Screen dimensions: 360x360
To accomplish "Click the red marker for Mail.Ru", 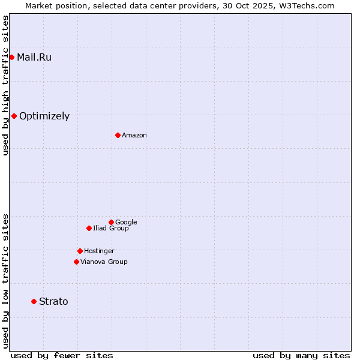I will click(11, 57).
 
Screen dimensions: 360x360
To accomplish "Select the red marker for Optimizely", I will click(14, 116).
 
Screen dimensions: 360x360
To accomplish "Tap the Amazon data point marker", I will click(118, 135).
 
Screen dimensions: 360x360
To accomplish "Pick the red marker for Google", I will click(111, 222).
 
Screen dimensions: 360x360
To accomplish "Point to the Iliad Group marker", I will click(89, 228).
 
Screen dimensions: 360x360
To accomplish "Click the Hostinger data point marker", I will click(80, 251).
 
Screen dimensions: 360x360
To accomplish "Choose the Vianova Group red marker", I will click(76, 262).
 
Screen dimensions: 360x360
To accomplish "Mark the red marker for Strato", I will click(34, 301).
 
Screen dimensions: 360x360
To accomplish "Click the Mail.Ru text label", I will click(34, 58).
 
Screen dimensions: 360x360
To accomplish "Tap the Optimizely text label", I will click(44, 116).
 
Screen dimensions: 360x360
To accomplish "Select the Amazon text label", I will click(134, 136).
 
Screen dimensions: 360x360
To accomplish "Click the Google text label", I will click(126, 223).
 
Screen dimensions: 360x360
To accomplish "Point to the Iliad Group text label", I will click(111, 229).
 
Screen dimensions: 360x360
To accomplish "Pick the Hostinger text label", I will click(99, 251).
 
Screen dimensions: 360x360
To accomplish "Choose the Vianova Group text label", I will click(104, 262).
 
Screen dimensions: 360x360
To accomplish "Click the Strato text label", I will click(53, 302).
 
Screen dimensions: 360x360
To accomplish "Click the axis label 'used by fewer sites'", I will click(62, 356).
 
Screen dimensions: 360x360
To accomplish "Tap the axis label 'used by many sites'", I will click(301, 356).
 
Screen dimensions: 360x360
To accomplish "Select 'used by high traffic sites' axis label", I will click(5, 85).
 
